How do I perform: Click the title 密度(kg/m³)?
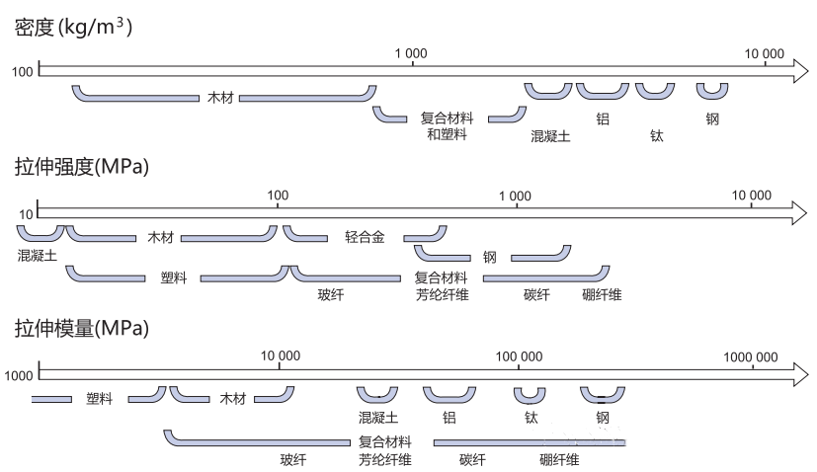74,28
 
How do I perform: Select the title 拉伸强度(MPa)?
81,167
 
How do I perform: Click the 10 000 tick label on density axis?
764,53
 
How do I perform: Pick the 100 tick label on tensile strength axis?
278,195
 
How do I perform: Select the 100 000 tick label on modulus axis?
519,355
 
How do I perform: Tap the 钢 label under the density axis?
712,118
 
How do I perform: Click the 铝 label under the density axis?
603,118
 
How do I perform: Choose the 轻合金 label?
365,237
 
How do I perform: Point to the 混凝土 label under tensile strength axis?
38,256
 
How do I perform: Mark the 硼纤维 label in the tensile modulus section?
559,460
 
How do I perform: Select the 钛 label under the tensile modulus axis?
531,418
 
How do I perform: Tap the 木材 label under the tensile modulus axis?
232,399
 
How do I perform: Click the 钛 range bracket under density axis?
655,93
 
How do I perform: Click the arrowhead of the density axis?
798,70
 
